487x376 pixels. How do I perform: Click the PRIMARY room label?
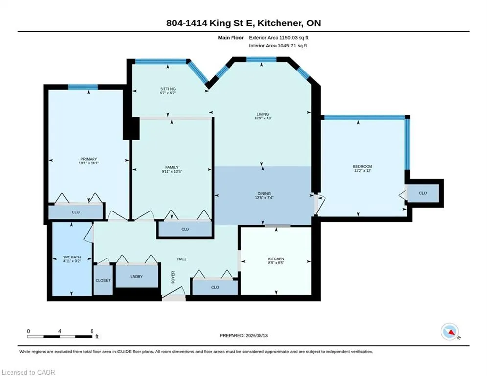coord(89,159)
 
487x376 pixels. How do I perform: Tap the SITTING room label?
coord(168,89)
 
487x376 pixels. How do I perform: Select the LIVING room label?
coord(263,114)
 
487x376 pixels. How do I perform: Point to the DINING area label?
coord(264,193)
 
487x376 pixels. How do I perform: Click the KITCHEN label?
coord(276,259)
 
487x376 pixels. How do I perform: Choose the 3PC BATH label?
coord(72,258)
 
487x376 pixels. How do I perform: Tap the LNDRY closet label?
coord(137,276)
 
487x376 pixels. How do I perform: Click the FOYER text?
coord(173,277)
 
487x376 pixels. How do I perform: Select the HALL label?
coord(182,259)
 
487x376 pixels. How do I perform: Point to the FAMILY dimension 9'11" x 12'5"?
coord(172,171)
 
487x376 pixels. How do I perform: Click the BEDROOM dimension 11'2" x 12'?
coord(363,170)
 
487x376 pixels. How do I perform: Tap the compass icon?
coord(450,331)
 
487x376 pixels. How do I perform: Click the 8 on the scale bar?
coord(92,331)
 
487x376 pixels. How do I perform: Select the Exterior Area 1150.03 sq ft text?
coord(278,38)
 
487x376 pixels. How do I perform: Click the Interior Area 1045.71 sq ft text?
coord(278,46)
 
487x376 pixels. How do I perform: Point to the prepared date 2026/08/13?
coord(256,335)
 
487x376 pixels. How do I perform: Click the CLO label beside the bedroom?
coord(423,193)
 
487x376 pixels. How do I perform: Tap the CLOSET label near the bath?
coord(103,281)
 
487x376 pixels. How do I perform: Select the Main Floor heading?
coord(231,38)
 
